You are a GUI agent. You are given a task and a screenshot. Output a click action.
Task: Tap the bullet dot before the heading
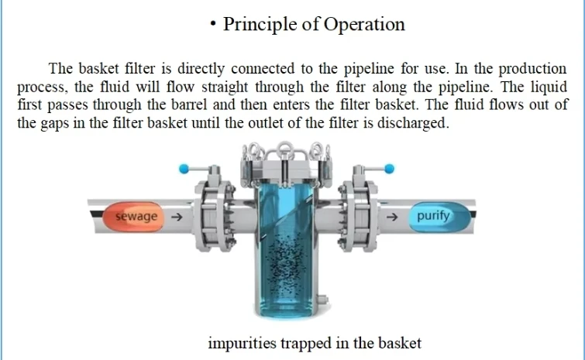pos(213,24)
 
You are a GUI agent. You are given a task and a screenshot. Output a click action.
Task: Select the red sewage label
pos(136,217)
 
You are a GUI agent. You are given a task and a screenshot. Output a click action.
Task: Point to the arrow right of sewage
pos(176,218)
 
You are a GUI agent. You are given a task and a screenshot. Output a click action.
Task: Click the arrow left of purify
pos(392,217)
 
